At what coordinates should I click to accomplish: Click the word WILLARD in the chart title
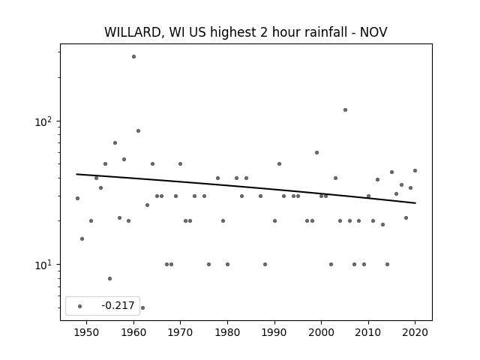[x=133, y=32]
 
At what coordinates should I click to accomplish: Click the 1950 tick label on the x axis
[x=87, y=332]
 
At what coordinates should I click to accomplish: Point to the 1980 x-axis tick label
[x=227, y=332]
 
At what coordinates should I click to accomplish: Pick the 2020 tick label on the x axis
[x=415, y=332]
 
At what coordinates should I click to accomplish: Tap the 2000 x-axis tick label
[x=321, y=332]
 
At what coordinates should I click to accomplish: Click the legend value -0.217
[x=118, y=305]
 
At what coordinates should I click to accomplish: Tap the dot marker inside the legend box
[x=80, y=306]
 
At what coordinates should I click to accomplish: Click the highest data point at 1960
[x=133, y=57]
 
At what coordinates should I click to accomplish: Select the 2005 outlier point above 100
[x=345, y=110]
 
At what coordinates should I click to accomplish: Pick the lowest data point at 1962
[x=142, y=307]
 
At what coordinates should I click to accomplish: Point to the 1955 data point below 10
[x=110, y=278]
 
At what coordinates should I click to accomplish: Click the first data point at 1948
[x=77, y=198]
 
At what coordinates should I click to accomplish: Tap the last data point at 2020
[x=415, y=170]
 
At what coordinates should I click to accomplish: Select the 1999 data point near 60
[x=316, y=153]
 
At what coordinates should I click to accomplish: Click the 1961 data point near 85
[x=138, y=130]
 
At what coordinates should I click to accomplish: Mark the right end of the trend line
[x=415, y=203]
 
